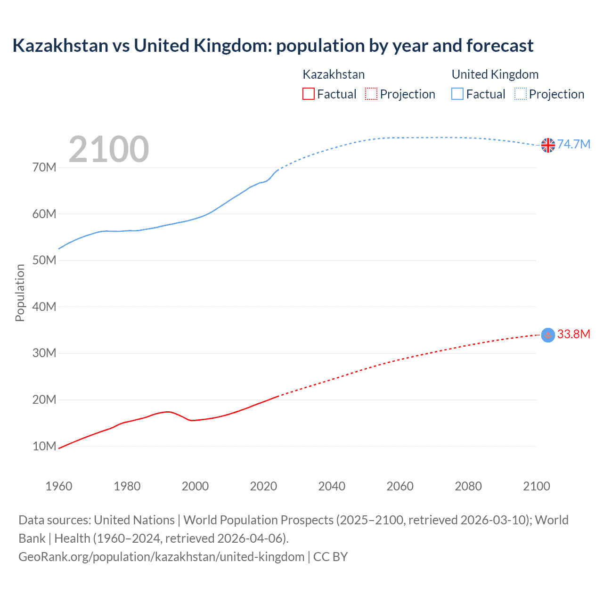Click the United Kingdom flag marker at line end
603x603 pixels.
tap(548, 145)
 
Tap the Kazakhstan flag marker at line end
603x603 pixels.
tap(548, 335)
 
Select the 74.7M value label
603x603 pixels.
tap(573, 144)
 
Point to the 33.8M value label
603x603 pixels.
tap(573, 334)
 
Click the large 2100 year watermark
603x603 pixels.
tap(109, 149)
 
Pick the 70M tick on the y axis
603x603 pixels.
tap(44, 167)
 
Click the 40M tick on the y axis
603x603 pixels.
tap(44, 307)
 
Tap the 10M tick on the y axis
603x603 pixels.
tap(44, 446)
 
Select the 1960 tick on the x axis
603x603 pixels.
tap(59, 486)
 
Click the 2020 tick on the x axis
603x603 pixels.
tap(263, 486)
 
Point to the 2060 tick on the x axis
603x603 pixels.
tap(400, 486)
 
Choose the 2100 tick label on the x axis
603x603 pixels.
tap(536, 486)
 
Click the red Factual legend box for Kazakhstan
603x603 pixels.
tap(309, 94)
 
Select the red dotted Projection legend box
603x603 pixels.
tap(371, 94)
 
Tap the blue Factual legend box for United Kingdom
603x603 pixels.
tap(457, 94)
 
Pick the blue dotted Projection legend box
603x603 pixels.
tap(521, 94)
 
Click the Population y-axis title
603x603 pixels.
tap(20, 293)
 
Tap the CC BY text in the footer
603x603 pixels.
tap(330, 557)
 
